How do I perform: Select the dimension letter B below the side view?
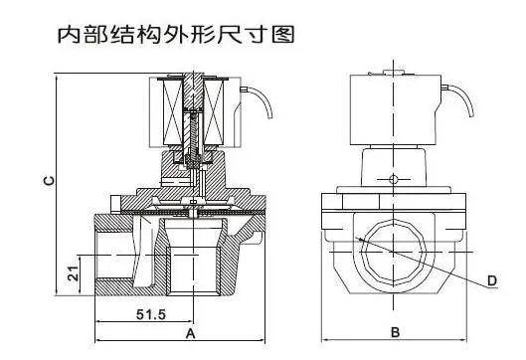tap(394, 331)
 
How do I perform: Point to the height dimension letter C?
tap(49, 180)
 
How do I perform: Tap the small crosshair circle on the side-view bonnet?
tap(394, 180)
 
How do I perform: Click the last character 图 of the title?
tap(285, 36)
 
